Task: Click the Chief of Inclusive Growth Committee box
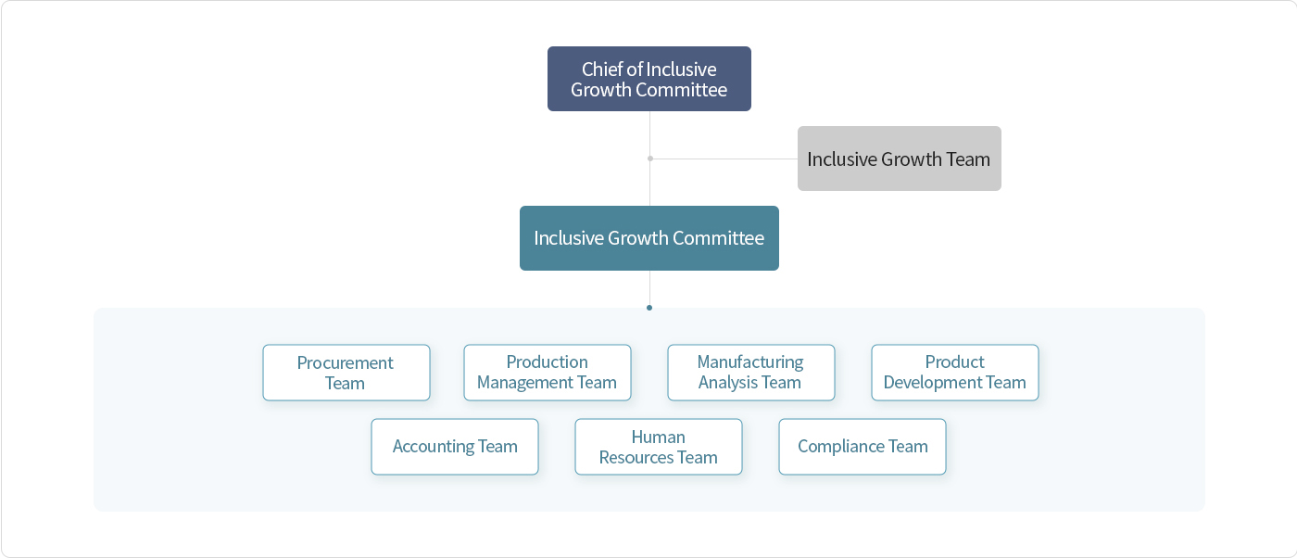pos(649,79)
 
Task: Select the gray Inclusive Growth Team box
pos(900,159)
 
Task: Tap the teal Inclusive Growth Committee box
pos(649,238)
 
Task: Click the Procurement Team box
pos(346,373)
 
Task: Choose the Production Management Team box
pos(548,373)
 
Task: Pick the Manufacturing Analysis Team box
pos(751,373)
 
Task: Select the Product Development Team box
pos(955,373)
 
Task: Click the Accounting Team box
pos(455,447)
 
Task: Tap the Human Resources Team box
pos(659,447)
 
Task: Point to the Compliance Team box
pos(863,447)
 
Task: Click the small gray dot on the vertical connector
pos(650,159)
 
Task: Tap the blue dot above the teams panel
pos(649,308)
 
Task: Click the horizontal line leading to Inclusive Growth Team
pos(724,159)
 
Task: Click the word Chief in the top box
pos(602,69)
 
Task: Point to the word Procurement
pos(345,362)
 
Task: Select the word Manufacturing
pos(750,362)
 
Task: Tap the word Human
pos(659,437)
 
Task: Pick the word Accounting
pos(434,447)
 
